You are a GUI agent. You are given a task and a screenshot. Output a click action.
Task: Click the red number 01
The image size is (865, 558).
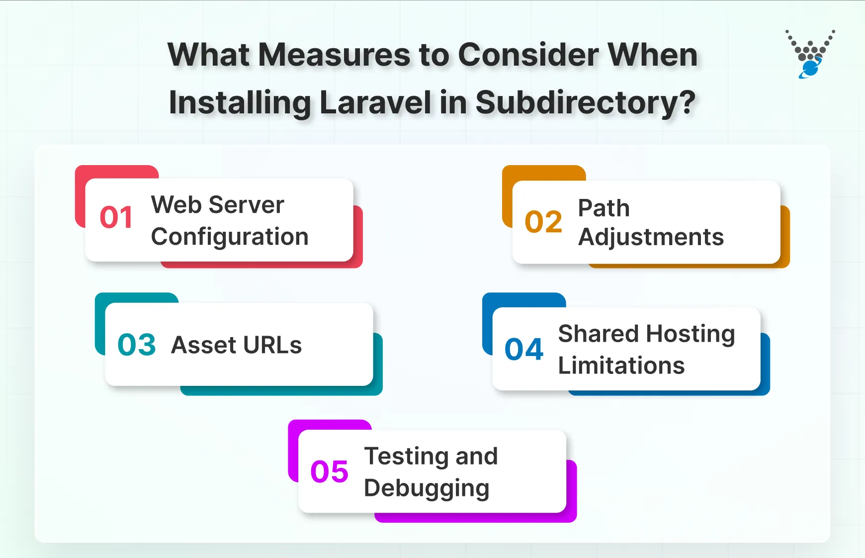(116, 218)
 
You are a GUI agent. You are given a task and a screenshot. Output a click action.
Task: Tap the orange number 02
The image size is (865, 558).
(543, 222)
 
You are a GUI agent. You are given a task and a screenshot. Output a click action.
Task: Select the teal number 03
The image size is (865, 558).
(136, 345)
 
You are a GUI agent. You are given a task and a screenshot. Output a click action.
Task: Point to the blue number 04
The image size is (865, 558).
(523, 349)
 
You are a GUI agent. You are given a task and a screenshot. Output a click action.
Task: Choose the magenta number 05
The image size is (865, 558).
(329, 471)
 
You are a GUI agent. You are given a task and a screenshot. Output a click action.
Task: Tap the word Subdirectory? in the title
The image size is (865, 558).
(585, 102)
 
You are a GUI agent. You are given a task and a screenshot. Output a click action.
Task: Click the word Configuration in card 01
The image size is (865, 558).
(230, 237)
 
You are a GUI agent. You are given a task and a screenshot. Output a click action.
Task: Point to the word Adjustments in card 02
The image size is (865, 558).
(651, 237)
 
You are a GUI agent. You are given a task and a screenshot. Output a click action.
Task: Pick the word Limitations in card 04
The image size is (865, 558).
(621, 366)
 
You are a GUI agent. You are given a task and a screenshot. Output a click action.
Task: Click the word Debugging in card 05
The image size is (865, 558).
(427, 488)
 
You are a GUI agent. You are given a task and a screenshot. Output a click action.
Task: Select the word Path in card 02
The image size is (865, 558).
(604, 208)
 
